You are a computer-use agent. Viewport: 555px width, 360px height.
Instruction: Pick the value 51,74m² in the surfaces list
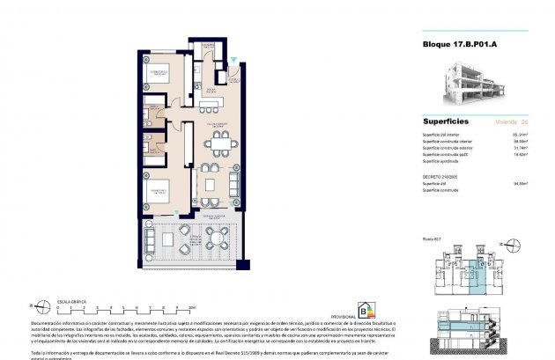pyautogui.click(x=520, y=148)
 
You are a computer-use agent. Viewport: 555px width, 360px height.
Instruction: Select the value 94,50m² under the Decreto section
pyautogui.click(x=520, y=184)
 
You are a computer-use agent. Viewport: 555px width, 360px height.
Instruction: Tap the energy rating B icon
pyautogui.click(x=364, y=309)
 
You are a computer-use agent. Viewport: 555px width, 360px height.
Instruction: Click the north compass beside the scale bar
pyautogui.click(x=33, y=307)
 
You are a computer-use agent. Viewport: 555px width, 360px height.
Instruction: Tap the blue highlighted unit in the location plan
pyautogui.click(x=477, y=273)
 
